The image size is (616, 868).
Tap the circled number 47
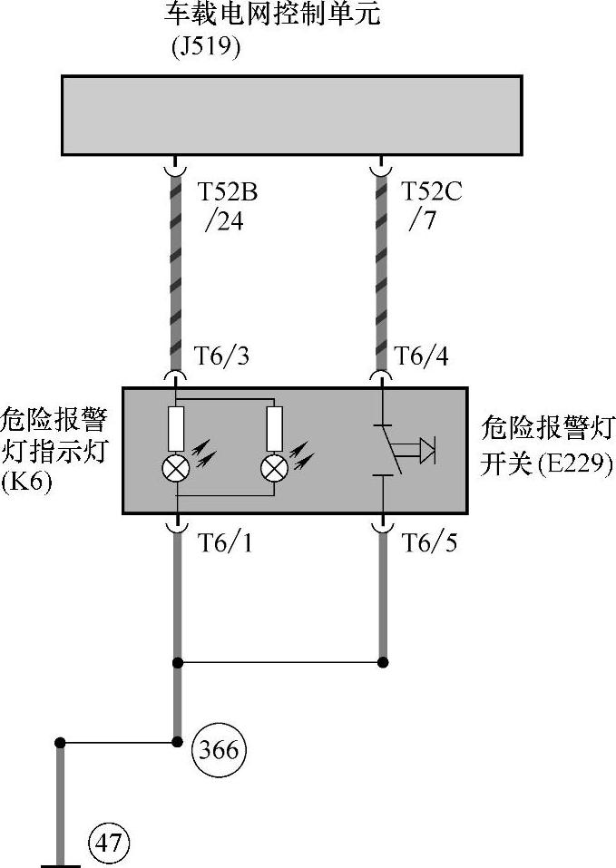point(109,844)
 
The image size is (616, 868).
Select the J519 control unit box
point(291,115)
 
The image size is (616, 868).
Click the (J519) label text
point(206,47)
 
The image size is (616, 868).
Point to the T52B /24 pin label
point(227,206)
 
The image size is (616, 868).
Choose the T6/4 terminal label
point(423,356)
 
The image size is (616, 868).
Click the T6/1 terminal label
point(223,543)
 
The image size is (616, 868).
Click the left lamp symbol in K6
point(177,468)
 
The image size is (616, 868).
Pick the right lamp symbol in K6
point(273,468)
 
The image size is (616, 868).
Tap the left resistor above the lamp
point(177,428)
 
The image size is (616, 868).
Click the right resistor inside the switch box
point(273,428)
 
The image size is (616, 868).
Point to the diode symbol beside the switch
point(426,449)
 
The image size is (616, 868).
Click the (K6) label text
point(27,482)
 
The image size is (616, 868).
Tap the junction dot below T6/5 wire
point(383,661)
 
